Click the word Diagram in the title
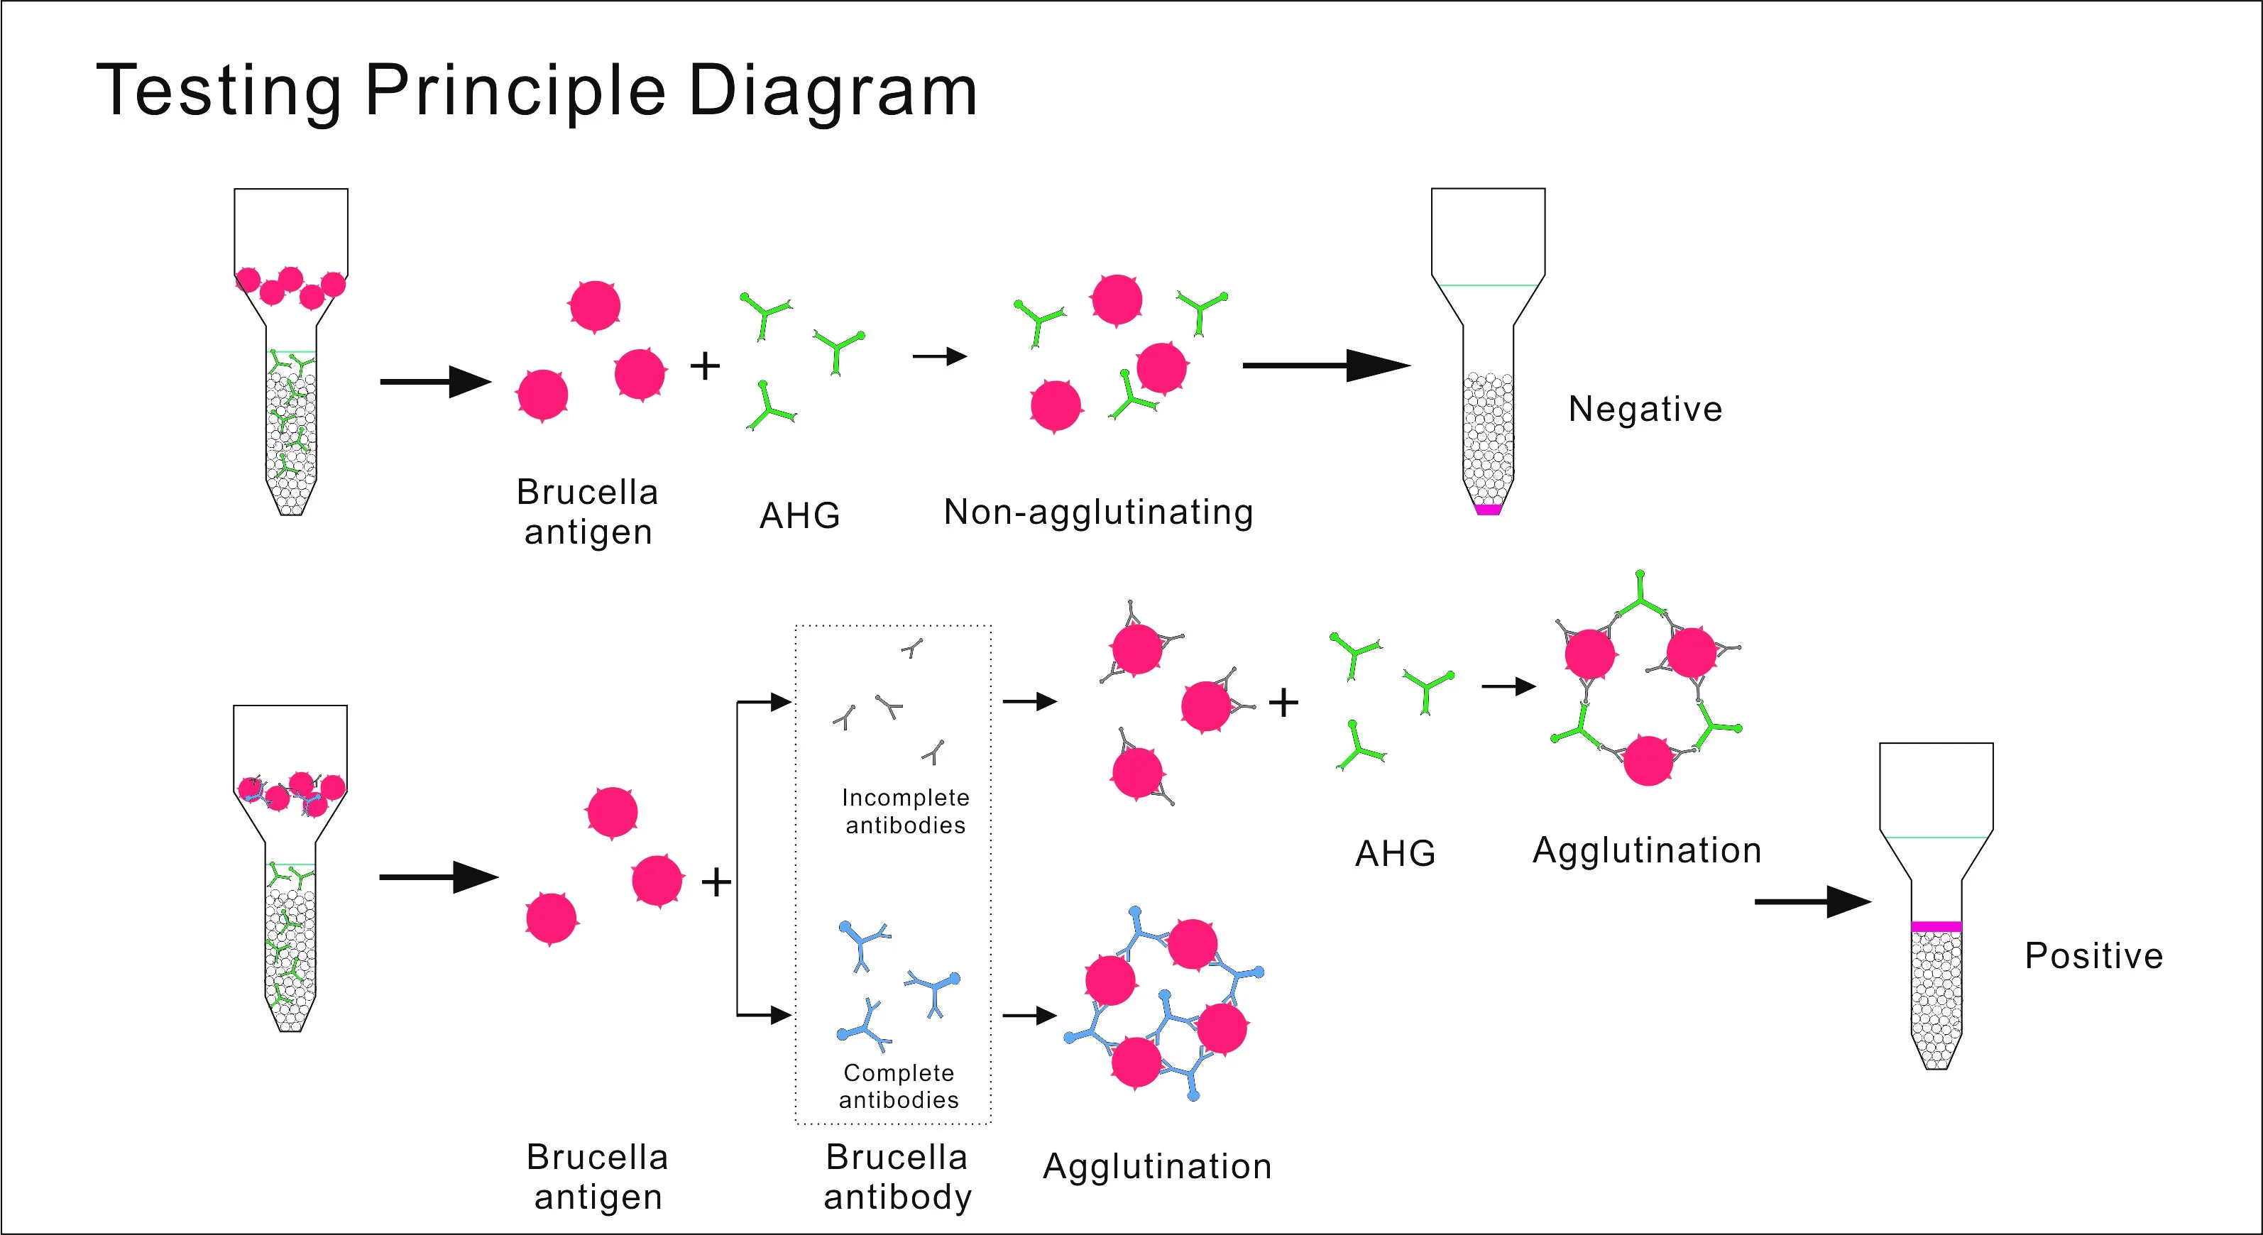832,92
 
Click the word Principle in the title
515,92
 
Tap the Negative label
1645,410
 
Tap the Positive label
2093,955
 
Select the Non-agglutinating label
1098,512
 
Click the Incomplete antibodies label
906,811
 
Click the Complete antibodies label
899,1086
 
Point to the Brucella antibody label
897,1177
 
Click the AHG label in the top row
799,515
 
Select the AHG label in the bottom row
1395,854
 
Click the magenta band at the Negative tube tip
1488,510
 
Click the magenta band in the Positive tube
1936,926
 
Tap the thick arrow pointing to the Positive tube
1812,901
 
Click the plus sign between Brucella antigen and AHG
705,366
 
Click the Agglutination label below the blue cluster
1157,1166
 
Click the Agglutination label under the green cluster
1646,850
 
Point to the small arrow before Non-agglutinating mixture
939,356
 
